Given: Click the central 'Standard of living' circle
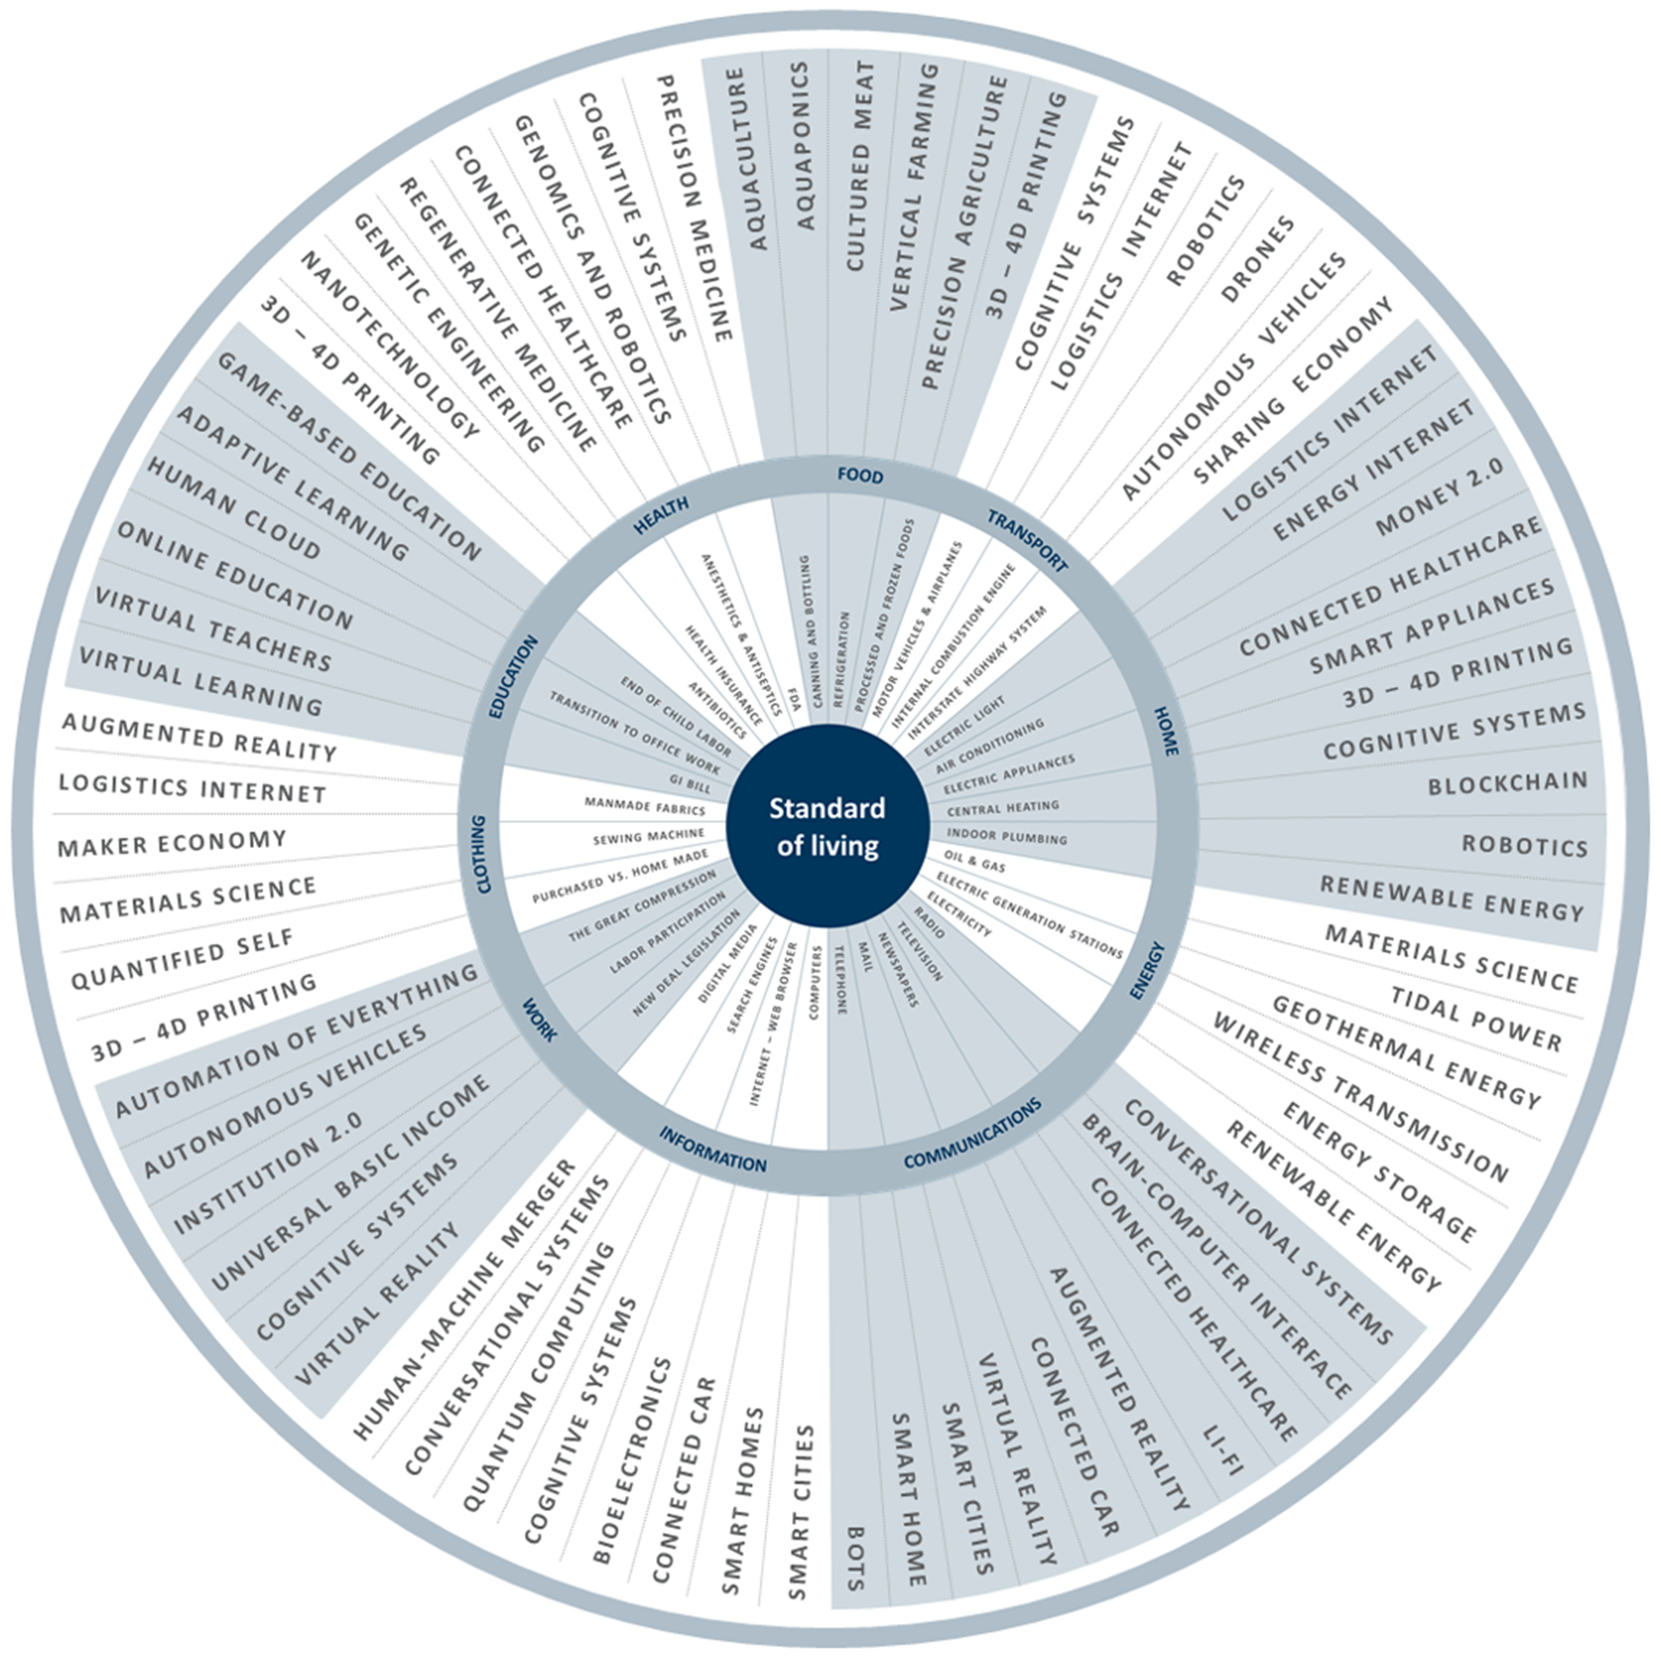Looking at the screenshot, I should tap(827, 826).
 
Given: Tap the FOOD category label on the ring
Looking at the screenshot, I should tap(860, 476).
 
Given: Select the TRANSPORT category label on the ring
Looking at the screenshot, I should tap(1027, 540).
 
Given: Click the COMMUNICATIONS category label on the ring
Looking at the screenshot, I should tap(972, 1134).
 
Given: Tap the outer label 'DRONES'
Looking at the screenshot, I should tap(1257, 259).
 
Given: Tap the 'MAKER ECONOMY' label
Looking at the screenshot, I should tap(172, 843).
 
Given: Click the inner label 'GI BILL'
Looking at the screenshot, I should tap(691, 783).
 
